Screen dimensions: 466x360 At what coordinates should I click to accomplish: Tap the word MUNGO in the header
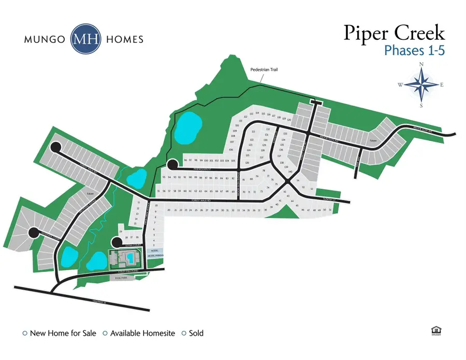tap(45, 39)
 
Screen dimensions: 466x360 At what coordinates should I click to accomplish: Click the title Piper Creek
tap(394, 34)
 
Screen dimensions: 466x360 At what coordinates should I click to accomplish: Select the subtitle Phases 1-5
tap(414, 50)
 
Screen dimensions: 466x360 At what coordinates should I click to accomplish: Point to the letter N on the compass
tap(421, 64)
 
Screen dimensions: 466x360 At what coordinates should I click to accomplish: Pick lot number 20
tap(169, 210)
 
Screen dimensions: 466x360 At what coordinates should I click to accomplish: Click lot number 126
tap(247, 163)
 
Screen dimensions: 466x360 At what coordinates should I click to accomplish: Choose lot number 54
tap(298, 181)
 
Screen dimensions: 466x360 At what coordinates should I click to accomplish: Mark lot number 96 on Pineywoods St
tap(185, 161)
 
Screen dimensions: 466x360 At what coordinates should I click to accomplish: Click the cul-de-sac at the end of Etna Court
tap(116, 242)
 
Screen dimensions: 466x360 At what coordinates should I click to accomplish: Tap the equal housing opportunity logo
tap(435, 332)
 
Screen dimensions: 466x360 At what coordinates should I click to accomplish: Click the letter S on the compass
tap(421, 106)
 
